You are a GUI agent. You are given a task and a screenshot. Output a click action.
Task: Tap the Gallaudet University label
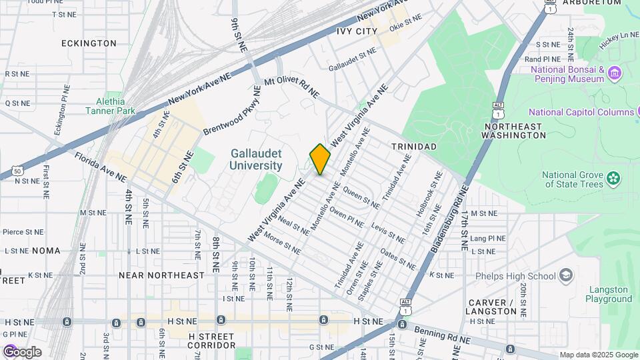[256, 159]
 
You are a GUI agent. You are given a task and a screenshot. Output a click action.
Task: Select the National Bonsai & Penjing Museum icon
[615, 72]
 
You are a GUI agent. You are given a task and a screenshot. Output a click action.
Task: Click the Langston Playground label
[609, 294]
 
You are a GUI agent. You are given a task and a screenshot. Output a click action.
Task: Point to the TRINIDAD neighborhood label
[413, 146]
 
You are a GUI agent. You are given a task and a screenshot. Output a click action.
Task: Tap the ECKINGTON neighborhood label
[89, 43]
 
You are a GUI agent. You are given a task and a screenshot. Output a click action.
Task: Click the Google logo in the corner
[22, 352]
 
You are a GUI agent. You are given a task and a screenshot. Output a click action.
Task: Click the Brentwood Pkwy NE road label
[232, 111]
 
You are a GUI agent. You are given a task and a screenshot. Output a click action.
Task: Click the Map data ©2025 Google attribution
[599, 355]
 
